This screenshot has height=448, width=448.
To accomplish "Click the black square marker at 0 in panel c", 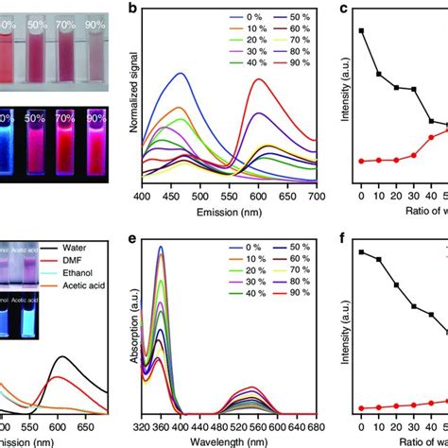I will [x=361, y=30].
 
